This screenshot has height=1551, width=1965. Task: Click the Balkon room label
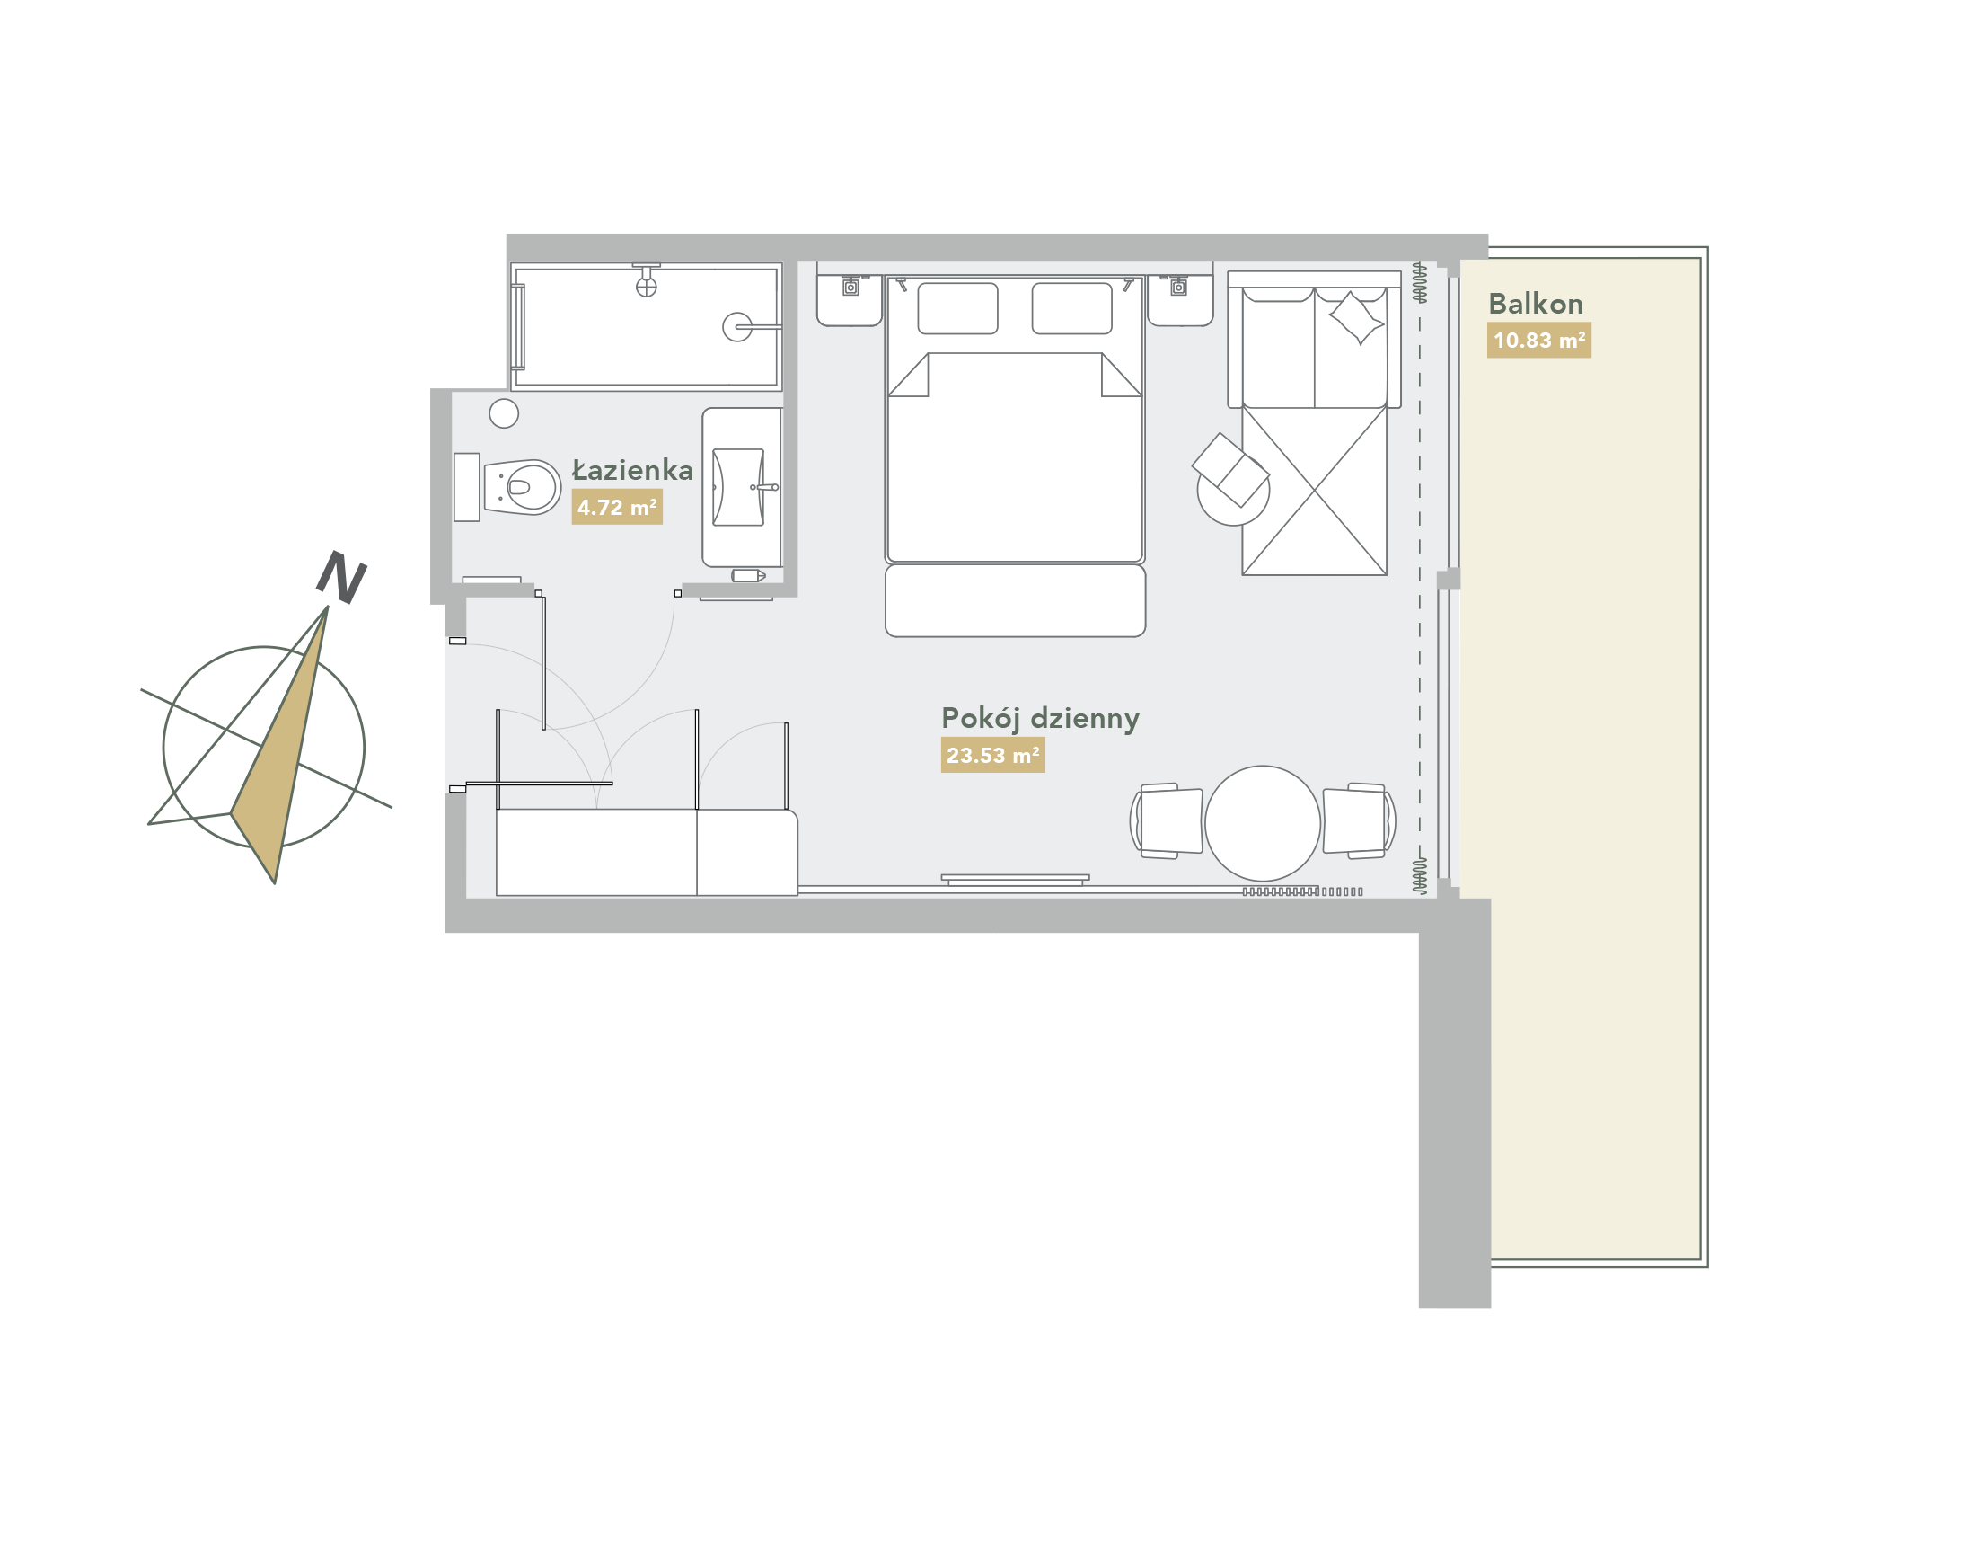pyautogui.click(x=1535, y=304)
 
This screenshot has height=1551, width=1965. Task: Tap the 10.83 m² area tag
pyautogui.click(x=1538, y=341)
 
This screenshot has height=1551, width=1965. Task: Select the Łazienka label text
pyautogui.click(x=631, y=469)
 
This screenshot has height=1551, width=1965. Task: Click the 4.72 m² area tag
pyautogui.click(x=617, y=507)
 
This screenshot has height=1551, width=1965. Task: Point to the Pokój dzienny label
pyautogui.click(x=1040, y=718)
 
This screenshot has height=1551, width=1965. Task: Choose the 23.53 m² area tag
pyautogui.click(x=993, y=755)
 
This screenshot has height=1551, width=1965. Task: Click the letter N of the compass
pyautogui.click(x=341, y=577)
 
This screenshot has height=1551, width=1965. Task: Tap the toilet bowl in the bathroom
pyautogui.click(x=522, y=488)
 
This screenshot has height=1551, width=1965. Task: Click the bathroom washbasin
pyautogui.click(x=738, y=487)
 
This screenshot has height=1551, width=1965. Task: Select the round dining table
pyautogui.click(x=1263, y=823)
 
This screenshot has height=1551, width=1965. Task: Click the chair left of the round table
pyautogui.click(x=1168, y=821)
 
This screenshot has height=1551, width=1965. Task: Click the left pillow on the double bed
pyautogui.click(x=957, y=308)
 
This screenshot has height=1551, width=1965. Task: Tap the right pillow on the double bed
pyautogui.click(x=1072, y=308)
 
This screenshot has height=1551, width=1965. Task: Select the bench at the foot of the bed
pyautogui.click(x=1015, y=600)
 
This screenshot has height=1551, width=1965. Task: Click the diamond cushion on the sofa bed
pyautogui.click(x=1357, y=318)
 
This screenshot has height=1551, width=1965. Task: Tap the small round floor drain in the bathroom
pyautogui.click(x=504, y=413)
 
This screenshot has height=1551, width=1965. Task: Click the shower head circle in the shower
pyautogui.click(x=737, y=327)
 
